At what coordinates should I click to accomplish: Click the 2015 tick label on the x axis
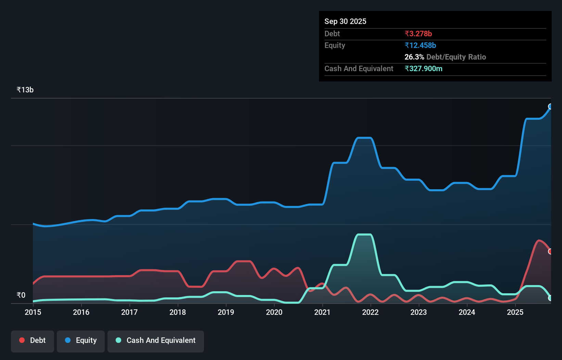[33, 312]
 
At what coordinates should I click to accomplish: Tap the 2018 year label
[178, 312]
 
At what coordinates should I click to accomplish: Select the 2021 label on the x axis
[322, 312]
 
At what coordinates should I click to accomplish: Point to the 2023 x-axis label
[419, 312]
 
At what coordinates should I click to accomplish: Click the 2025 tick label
[515, 312]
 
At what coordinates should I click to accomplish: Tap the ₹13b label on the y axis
[25, 90]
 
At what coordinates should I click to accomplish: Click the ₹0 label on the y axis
[21, 295]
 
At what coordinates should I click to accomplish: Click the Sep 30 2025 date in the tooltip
[345, 21]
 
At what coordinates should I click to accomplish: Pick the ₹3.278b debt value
[418, 34]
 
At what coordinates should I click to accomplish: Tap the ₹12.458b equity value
[420, 45]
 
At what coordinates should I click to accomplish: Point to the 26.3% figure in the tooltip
[414, 57]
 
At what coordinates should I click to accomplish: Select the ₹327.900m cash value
[423, 68]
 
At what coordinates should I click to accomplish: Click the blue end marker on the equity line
[550, 106]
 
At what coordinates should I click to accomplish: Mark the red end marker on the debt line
[550, 252]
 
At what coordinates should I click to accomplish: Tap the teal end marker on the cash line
[550, 298]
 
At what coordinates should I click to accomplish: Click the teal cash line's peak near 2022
[364, 234]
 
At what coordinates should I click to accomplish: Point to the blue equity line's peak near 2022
[364, 138]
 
